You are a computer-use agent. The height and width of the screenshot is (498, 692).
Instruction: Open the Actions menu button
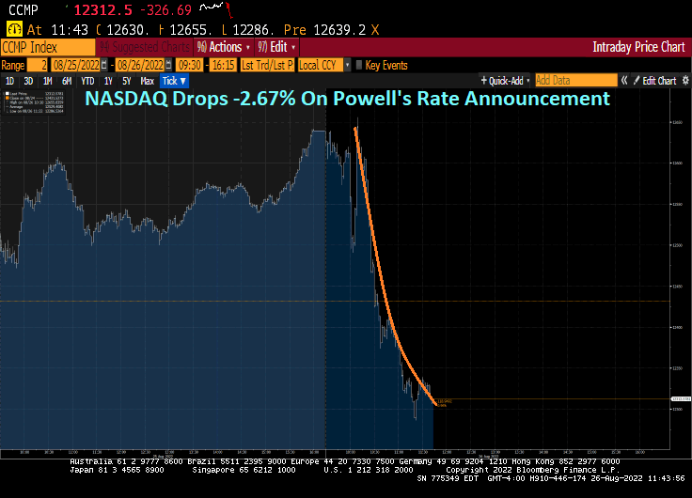[x=224, y=47]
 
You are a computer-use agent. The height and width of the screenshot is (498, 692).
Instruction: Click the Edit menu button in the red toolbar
[x=277, y=47]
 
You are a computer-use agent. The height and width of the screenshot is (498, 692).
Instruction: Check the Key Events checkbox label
[x=385, y=65]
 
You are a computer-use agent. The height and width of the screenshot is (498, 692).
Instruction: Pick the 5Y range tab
[x=125, y=82]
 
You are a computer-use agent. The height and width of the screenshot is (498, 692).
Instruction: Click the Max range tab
[x=147, y=82]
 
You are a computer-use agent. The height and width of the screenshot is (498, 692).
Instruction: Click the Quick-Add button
[x=506, y=81]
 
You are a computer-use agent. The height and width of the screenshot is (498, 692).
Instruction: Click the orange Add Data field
[x=575, y=81]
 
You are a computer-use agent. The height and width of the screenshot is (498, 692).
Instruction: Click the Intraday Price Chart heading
[x=638, y=47]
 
